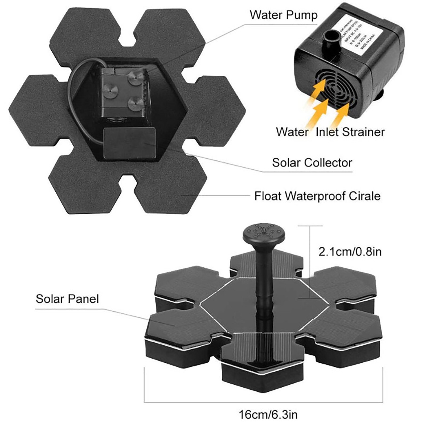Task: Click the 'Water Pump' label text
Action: [x=283, y=15]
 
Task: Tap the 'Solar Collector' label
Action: [x=312, y=163]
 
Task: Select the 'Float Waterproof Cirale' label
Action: [x=317, y=196]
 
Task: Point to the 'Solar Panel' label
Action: [x=67, y=299]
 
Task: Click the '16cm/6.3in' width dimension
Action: [x=268, y=415]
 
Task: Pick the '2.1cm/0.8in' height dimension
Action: [x=350, y=252]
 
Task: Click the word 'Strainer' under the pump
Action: [x=363, y=132]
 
